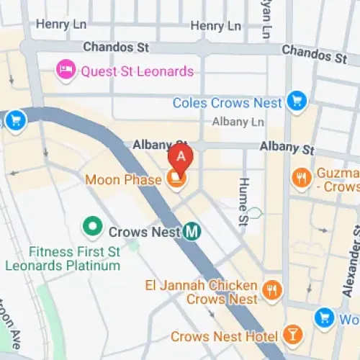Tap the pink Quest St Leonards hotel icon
(x=66, y=71)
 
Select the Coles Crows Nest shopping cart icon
(x=296, y=102)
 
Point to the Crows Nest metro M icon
(x=192, y=232)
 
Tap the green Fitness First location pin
(x=91, y=227)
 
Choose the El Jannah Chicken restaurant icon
(x=271, y=290)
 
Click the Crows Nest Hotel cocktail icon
(x=292, y=335)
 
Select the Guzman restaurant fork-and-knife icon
(x=301, y=176)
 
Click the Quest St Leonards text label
(x=137, y=71)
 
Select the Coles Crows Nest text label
(x=227, y=103)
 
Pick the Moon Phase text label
(x=123, y=179)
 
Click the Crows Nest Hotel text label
(x=224, y=336)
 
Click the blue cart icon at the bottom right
(x=325, y=316)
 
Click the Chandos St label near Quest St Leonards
(x=115, y=48)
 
